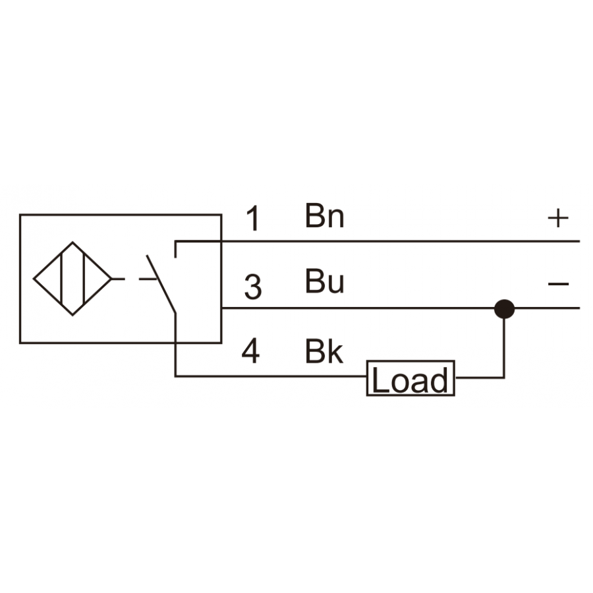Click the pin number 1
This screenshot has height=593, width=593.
click(253, 218)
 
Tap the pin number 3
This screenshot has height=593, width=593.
click(253, 287)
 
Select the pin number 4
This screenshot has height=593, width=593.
click(251, 351)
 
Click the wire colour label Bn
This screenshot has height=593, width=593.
click(324, 216)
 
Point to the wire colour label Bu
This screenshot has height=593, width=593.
click(324, 281)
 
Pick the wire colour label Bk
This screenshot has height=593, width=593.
click(324, 352)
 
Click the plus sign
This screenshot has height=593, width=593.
click(558, 218)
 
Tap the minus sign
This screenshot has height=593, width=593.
click(558, 283)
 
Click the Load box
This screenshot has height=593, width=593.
click(410, 378)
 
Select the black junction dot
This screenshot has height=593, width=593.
click(504, 309)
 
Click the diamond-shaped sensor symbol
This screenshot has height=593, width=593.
click(72, 279)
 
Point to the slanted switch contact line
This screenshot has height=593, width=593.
click(161, 285)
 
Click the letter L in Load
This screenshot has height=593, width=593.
click(380, 380)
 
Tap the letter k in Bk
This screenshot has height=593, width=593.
click(335, 352)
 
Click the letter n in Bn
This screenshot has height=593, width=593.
click(336, 219)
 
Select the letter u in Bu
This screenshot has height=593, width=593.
click(336, 285)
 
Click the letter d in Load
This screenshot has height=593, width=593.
click(439, 380)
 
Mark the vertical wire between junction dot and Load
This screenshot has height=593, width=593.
click(504, 348)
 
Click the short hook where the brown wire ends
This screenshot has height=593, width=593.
click(175, 249)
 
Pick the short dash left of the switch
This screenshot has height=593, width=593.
click(148, 279)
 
